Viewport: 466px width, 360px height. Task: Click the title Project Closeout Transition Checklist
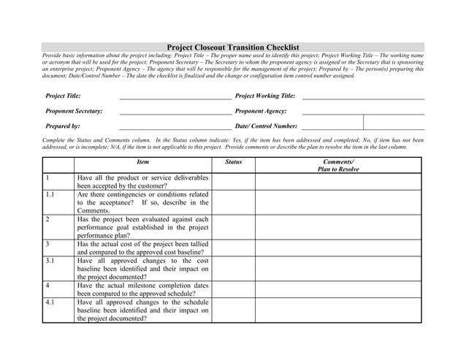233,47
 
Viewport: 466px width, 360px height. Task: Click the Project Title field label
63,96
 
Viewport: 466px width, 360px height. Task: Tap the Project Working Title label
265,96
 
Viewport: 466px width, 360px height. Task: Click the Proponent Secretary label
74,111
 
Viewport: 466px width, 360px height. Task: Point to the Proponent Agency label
261,111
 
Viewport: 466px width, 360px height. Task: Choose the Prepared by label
63,126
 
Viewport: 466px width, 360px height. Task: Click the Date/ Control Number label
266,126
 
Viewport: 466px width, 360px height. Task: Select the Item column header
142,161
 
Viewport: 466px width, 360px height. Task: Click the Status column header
233,161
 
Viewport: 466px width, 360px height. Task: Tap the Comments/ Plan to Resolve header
337,165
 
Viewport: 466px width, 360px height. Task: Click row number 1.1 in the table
50,195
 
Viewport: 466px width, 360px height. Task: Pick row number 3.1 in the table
50,261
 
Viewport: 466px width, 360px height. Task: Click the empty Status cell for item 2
233,227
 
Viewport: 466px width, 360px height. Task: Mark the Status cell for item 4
233,289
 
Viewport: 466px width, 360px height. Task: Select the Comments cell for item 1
337,181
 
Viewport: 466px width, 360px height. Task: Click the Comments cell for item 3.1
337,269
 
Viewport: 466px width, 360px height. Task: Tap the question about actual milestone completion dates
142,289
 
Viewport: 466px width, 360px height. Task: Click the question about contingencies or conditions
142,202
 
